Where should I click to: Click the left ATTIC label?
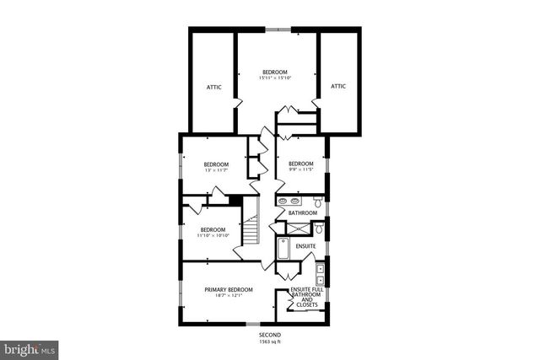(214, 86)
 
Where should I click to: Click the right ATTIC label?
(338, 86)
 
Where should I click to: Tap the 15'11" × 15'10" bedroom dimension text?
(275, 78)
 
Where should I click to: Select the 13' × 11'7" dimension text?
(217, 170)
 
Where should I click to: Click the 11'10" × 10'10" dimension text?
(213, 236)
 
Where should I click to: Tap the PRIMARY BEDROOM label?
(229, 289)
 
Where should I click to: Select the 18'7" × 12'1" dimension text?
(229, 296)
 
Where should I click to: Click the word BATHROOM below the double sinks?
(301, 213)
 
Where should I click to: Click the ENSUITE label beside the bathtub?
(305, 246)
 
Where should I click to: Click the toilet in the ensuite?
(321, 230)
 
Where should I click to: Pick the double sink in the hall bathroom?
(287, 201)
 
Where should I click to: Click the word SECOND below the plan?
(270, 335)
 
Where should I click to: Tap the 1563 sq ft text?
(270, 341)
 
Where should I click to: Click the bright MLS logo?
(30, 347)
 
